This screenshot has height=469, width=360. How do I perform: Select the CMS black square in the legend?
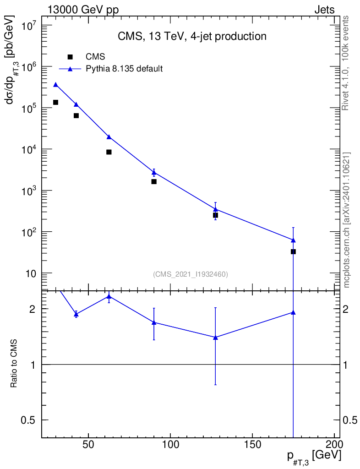click(x=70, y=57)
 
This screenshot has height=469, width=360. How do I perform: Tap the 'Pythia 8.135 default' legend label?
click(x=125, y=69)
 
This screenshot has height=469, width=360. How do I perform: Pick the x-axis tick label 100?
click(x=170, y=445)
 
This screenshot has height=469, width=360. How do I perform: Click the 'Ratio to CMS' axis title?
click(x=14, y=364)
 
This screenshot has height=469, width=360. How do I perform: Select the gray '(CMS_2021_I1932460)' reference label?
click(x=191, y=274)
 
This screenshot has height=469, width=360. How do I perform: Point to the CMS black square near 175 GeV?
click(x=293, y=251)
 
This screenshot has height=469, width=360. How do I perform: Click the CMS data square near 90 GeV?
click(x=154, y=181)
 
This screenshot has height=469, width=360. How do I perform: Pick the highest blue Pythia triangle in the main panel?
click(x=55, y=85)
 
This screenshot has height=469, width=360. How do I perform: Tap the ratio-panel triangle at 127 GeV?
click(x=215, y=338)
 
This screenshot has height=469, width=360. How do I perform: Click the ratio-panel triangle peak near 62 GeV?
click(x=109, y=296)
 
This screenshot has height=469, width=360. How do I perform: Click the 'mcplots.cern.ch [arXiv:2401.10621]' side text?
click(x=347, y=220)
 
